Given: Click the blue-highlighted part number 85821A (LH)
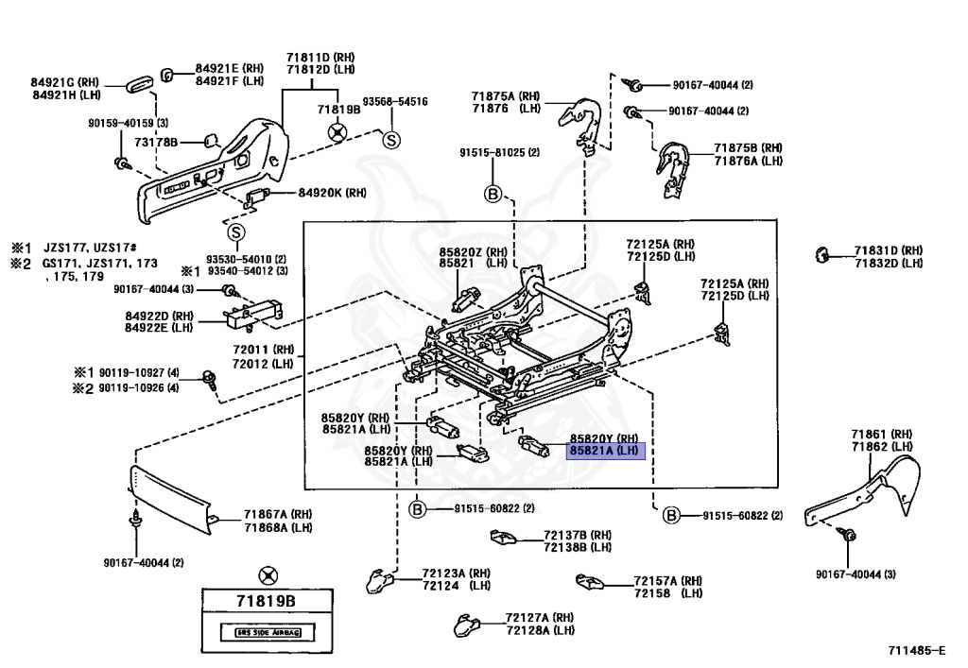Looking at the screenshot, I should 604,452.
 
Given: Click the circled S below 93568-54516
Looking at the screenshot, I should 390,140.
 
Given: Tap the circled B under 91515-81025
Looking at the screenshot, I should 493,194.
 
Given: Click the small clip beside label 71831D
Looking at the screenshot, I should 822,253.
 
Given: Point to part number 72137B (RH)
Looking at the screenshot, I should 578,535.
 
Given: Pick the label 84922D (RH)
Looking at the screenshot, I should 159,316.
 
